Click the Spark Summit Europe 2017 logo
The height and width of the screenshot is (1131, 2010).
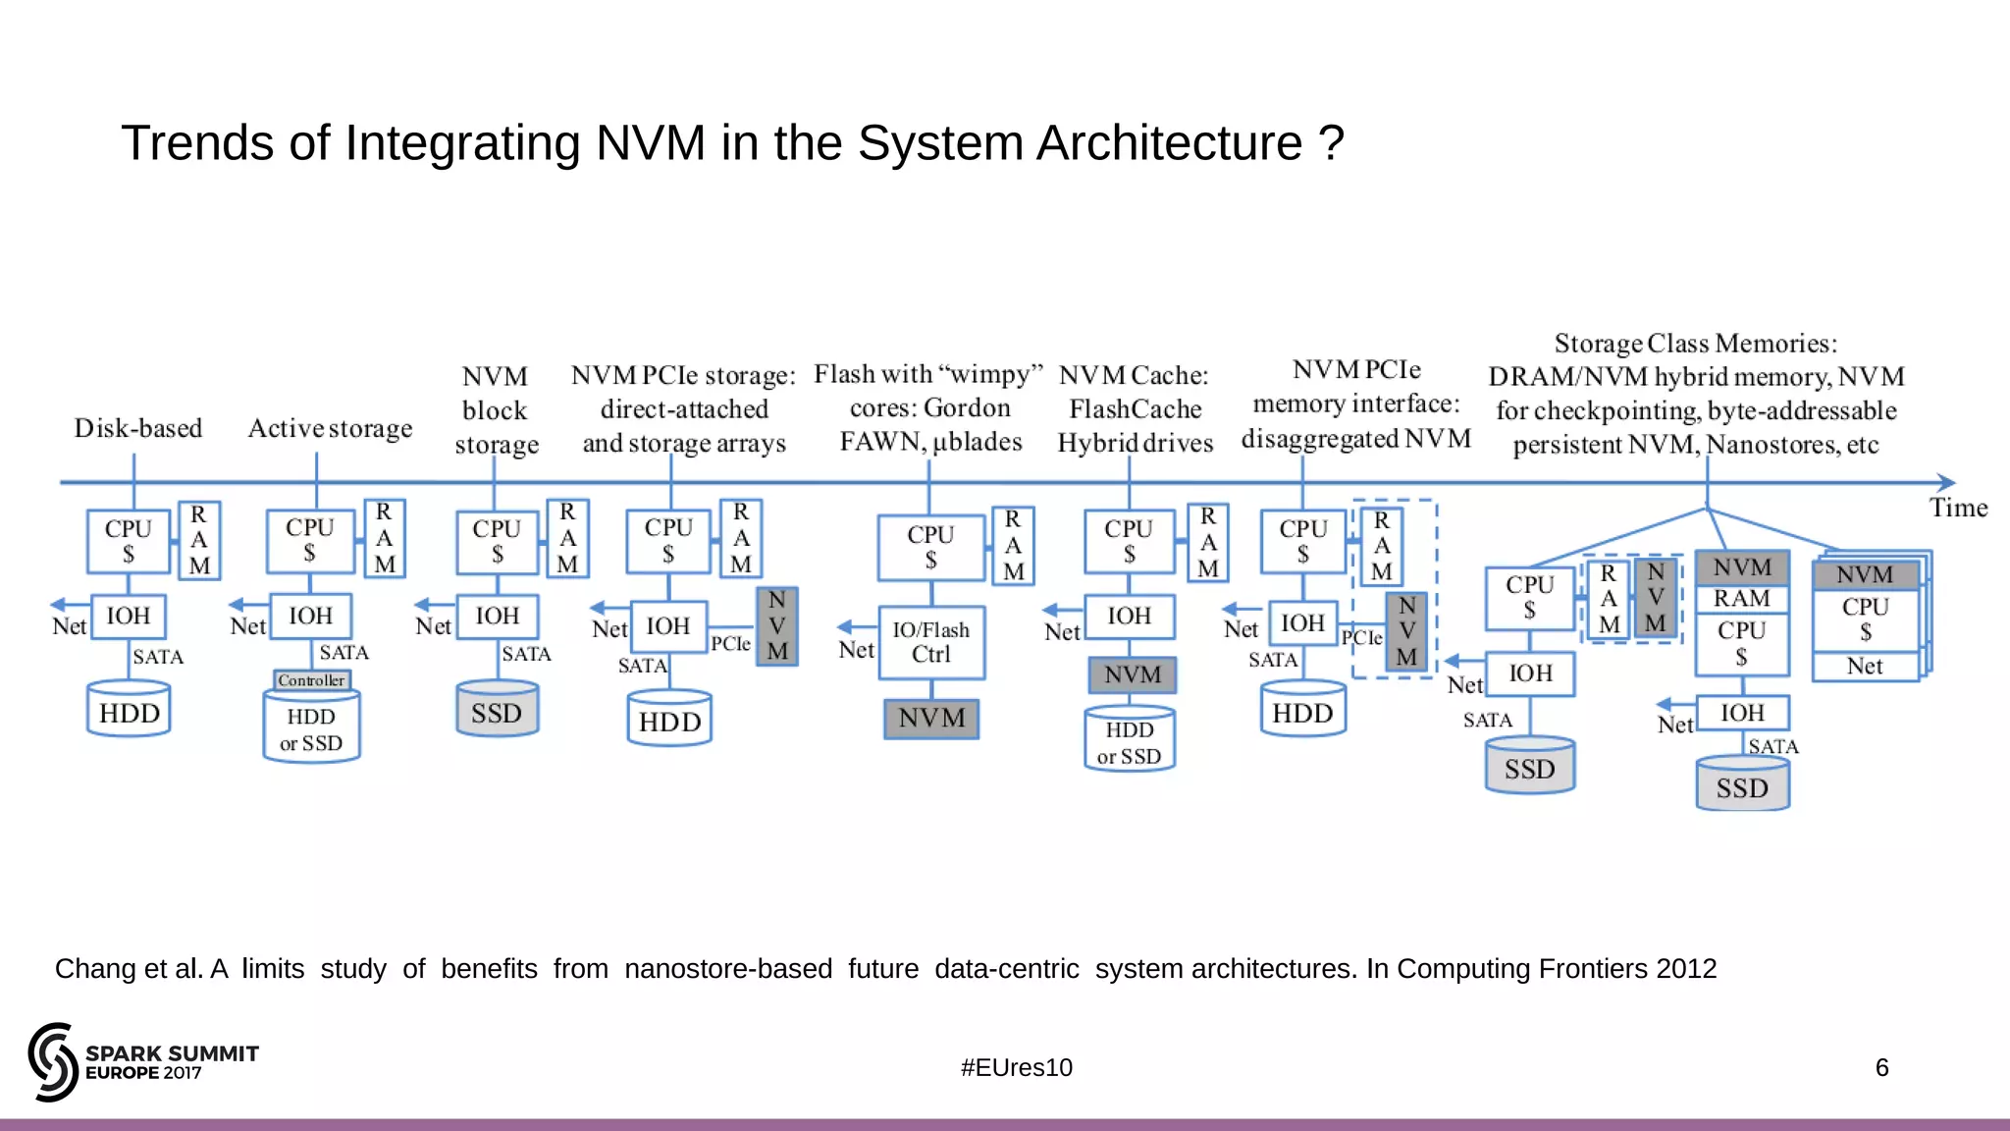point(143,1062)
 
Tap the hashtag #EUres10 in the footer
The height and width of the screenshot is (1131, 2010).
point(1016,1067)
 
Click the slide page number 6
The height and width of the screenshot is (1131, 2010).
point(1881,1067)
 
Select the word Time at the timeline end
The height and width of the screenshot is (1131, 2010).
point(1957,508)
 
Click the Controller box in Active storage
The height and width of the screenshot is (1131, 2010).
point(311,680)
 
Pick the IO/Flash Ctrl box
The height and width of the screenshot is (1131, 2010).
point(930,642)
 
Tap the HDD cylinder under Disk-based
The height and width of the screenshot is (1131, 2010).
point(129,711)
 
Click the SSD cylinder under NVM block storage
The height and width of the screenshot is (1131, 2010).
point(497,711)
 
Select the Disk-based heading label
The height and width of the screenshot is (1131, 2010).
point(138,428)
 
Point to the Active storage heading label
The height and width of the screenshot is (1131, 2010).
point(330,428)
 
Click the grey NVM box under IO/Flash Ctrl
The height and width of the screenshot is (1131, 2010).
point(930,719)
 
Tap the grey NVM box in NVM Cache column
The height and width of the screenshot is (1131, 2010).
point(1132,674)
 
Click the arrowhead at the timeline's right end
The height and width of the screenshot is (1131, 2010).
point(1946,482)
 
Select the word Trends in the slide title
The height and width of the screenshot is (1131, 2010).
point(197,143)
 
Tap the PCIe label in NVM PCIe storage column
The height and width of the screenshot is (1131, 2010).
point(730,644)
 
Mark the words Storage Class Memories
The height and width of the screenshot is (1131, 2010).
point(1695,344)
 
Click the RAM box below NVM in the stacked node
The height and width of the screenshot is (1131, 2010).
point(1741,599)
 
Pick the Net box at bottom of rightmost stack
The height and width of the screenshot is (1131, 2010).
point(1864,667)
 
